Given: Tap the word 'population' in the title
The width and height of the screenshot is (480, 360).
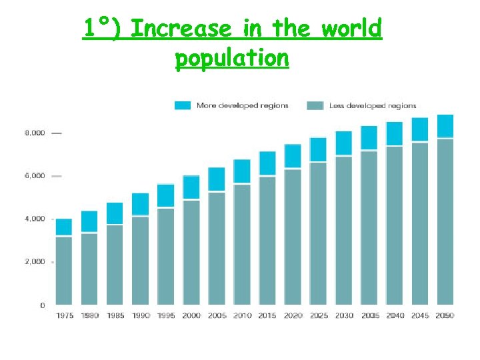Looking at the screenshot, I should click(232, 58).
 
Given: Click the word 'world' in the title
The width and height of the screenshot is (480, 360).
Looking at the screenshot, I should click(351, 29).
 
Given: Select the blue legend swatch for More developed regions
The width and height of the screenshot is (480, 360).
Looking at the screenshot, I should click(183, 105).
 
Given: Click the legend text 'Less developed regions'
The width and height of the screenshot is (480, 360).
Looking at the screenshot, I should click(372, 105).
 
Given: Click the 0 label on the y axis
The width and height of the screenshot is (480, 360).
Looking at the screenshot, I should click(43, 305).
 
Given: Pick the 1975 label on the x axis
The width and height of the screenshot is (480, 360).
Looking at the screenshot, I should click(64, 315).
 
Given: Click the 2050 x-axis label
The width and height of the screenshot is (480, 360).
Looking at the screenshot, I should click(445, 315).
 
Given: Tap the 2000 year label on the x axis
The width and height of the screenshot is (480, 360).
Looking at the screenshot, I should click(191, 315).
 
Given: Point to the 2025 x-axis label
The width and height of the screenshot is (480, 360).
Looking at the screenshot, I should click(318, 315).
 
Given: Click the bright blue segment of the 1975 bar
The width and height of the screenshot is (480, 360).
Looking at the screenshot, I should click(64, 227).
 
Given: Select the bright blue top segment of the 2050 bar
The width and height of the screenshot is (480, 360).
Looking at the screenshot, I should click(445, 126).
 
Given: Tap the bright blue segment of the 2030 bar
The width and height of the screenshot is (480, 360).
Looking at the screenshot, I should click(343, 143).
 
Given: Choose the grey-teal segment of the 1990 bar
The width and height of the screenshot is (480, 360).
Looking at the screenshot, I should click(140, 260).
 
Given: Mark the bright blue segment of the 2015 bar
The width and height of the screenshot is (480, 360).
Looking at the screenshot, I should click(267, 163).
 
